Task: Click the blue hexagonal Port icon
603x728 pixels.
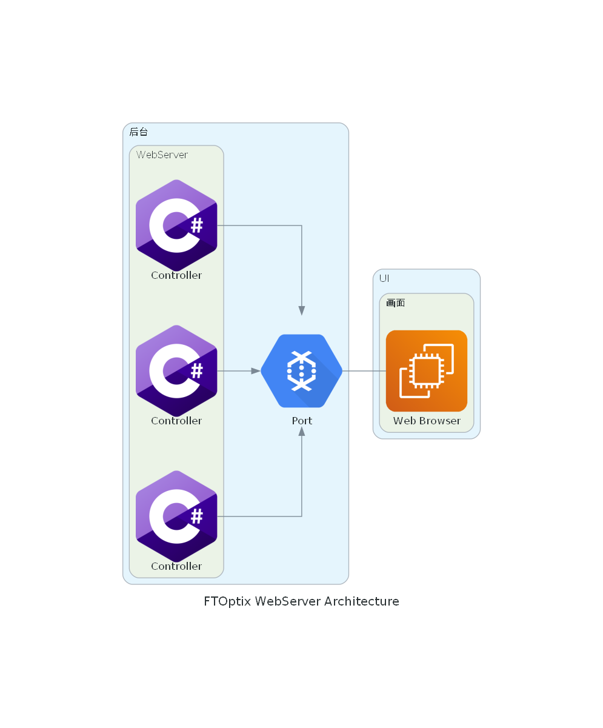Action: click(301, 371)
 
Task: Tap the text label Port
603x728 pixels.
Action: click(302, 421)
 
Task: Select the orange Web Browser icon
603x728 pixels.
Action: click(427, 371)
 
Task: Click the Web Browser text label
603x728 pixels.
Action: click(427, 421)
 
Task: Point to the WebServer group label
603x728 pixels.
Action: click(162, 155)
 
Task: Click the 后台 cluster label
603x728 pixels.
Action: click(138, 132)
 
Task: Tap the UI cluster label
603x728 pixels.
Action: click(384, 278)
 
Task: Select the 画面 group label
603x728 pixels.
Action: click(395, 302)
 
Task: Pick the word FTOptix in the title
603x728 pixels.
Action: click(227, 601)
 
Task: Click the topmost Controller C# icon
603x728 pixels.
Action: click(176, 225)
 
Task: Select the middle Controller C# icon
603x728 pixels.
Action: click(176, 371)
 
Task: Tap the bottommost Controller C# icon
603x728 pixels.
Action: click(176, 516)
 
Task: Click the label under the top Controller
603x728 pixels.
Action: click(176, 275)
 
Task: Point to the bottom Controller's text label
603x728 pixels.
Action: click(176, 566)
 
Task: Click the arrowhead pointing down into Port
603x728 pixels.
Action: click(302, 310)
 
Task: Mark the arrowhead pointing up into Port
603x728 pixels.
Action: click(302, 431)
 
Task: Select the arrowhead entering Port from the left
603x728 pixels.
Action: click(256, 371)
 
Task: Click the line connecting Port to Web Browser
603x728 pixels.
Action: click(364, 371)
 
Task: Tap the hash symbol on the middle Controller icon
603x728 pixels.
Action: click(196, 371)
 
